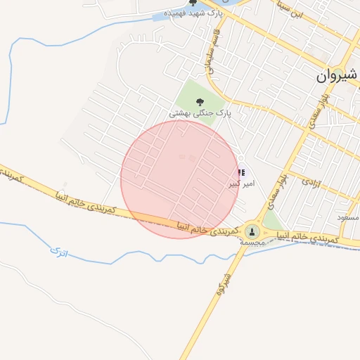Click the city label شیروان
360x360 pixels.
[x=337, y=75]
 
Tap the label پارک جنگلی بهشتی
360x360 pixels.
[x=200, y=113]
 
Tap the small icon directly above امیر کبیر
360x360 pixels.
[x=241, y=172]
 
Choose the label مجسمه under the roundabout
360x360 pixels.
[x=252, y=242]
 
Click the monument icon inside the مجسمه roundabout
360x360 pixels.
[x=252, y=231]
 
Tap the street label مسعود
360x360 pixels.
[x=347, y=218]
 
